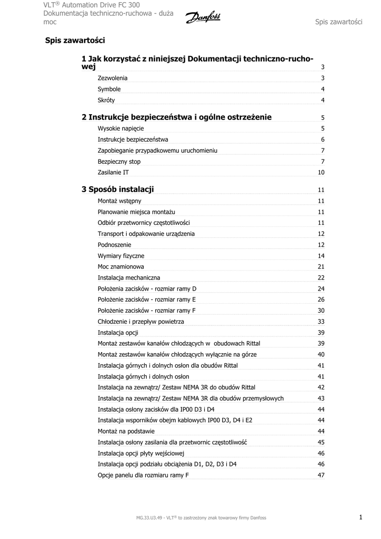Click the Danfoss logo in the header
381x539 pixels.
[203, 17]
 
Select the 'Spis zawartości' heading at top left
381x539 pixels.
[75, 40]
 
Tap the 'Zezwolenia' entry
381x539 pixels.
[113, 78]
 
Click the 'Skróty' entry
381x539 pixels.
[106, 101]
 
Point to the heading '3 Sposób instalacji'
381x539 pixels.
[118, 189]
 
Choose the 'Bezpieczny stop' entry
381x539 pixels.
[119, 162]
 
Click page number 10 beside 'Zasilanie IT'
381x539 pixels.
[321, 173]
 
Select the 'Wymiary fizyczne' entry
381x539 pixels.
[121, 256]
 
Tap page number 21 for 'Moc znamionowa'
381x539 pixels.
[321, 267]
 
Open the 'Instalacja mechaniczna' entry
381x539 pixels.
[129, 277]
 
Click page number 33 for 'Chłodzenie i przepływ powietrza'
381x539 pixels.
[321, 322]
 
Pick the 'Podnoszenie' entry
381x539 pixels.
[115, 245]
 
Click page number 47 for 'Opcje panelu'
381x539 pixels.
[321, 475]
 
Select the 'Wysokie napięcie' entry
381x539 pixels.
[121, 128]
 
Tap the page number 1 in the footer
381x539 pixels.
[361, 517]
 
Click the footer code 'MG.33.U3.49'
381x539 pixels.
[149, 518]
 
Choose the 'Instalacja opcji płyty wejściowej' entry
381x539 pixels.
[141, 453]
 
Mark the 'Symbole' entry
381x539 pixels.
[109, 89]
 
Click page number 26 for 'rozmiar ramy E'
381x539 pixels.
[321, 300]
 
